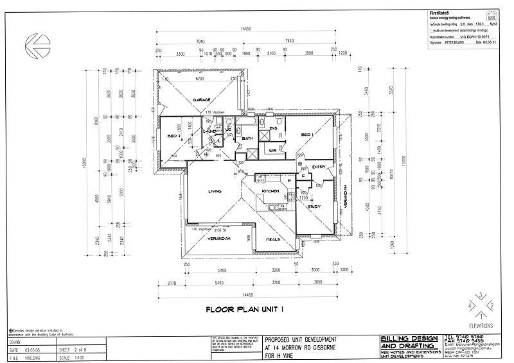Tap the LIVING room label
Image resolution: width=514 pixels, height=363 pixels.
[215, 191]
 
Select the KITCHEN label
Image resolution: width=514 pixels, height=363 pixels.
[270, 191]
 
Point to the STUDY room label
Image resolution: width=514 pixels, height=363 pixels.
[314, 207]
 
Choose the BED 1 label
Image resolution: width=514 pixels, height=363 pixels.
[308, 135]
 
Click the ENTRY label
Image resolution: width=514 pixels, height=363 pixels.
[319, 167]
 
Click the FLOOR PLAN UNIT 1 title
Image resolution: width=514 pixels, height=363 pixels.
[244, 309]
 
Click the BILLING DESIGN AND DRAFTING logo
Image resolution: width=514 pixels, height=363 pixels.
[409, 341]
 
